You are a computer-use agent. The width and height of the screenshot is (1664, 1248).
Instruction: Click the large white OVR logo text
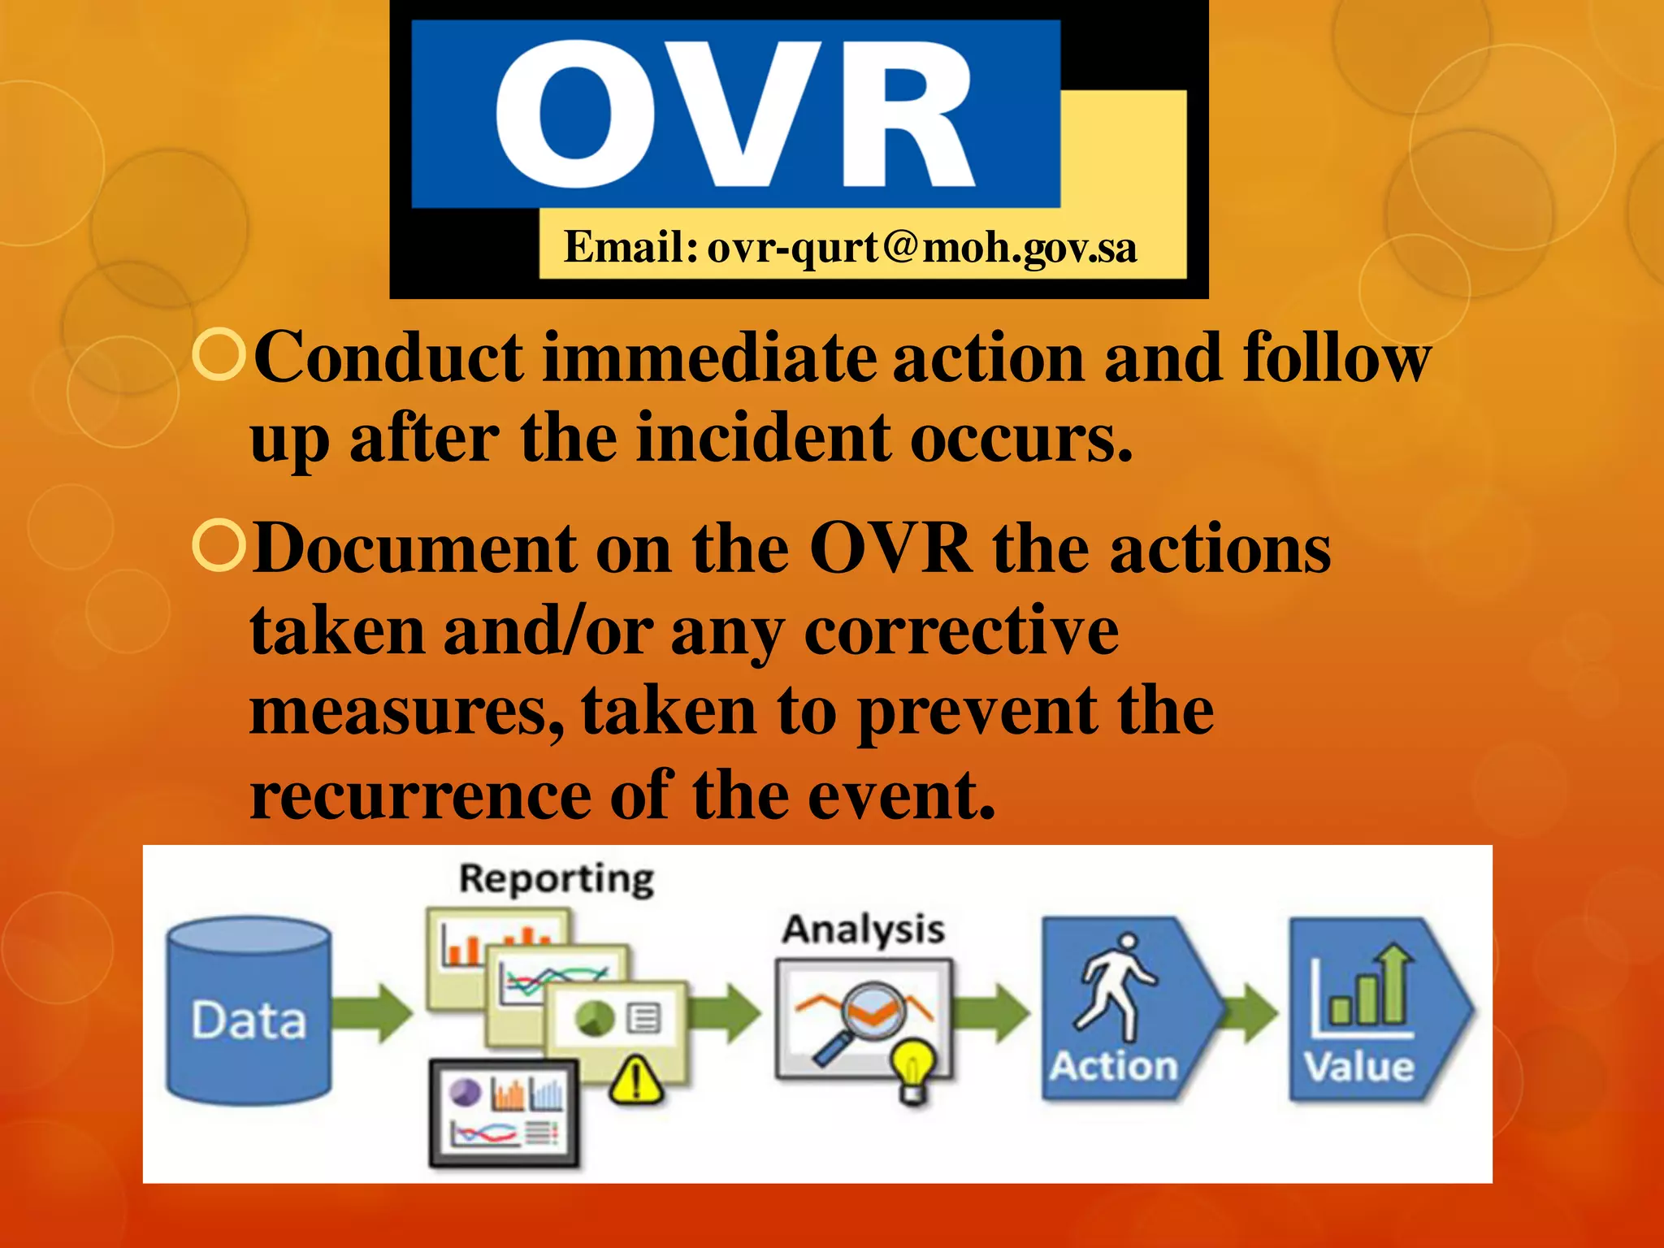735,114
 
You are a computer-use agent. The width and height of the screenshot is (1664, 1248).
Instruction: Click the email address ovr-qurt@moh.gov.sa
921,248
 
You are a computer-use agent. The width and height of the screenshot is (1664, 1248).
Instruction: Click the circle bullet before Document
219,547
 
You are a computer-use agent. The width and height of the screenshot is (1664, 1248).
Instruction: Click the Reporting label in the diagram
557,879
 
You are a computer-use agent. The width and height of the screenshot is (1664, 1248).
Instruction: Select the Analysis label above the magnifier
863,929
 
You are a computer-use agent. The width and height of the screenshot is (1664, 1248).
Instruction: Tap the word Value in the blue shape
1358,1066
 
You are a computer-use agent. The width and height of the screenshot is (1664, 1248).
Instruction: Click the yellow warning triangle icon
636,1081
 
